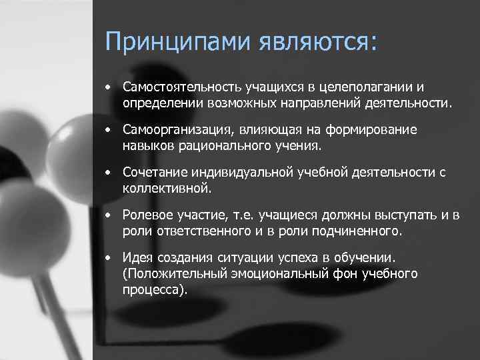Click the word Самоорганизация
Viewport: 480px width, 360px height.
click(171, 130)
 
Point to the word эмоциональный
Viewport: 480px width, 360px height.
click(271, 273)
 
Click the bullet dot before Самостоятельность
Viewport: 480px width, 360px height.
click(107, 88)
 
